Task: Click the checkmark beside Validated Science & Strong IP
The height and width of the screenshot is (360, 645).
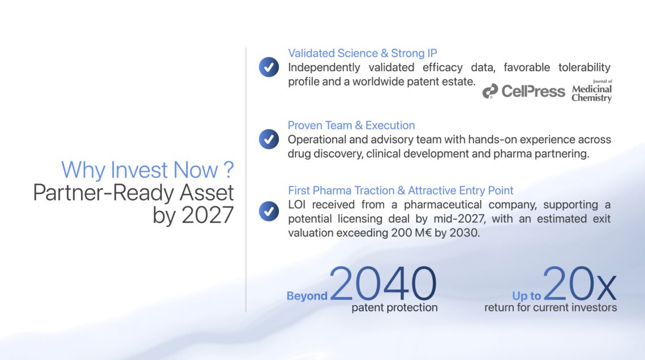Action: pyautogui.click(x=269, y=67)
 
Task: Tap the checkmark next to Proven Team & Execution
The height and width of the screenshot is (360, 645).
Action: pyautogui.click(x=269, y=139)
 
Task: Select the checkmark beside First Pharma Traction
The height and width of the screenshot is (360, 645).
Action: pyautogui.click(x=269, y=211)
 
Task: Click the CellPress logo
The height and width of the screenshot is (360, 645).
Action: pyautogui.click(x=524, y=91)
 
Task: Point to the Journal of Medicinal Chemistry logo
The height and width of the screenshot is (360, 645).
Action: pyautogui.click(x=591, y=91)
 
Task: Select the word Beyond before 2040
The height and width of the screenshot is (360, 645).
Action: pyautogui.click(x=307, y=296)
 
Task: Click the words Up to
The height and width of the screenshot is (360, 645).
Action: pyautogui.click(x=527, y=296)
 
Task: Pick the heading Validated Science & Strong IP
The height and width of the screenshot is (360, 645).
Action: pyautogui.click(x=363, y=53)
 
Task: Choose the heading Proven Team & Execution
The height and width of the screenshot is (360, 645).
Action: pyautogui.click(x=351, y=125)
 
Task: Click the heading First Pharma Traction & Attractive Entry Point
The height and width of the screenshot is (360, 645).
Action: pyautogui.click(x=401, y=191)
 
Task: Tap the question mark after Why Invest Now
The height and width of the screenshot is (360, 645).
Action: pyautogui.click(x=229, y=169)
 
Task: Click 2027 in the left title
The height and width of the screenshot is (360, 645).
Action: pyautogui.click(x=208, y=215)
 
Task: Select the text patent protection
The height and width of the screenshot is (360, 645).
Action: pyautogui.click(x=394, y=308)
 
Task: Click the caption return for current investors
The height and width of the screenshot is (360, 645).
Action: pyautogui.click(x=551, y=308)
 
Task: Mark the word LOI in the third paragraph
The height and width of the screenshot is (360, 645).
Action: pyautogui.click(x=296, y=204)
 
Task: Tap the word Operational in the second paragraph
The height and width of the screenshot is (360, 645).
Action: pyautogui.click(x=317, y=140)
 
